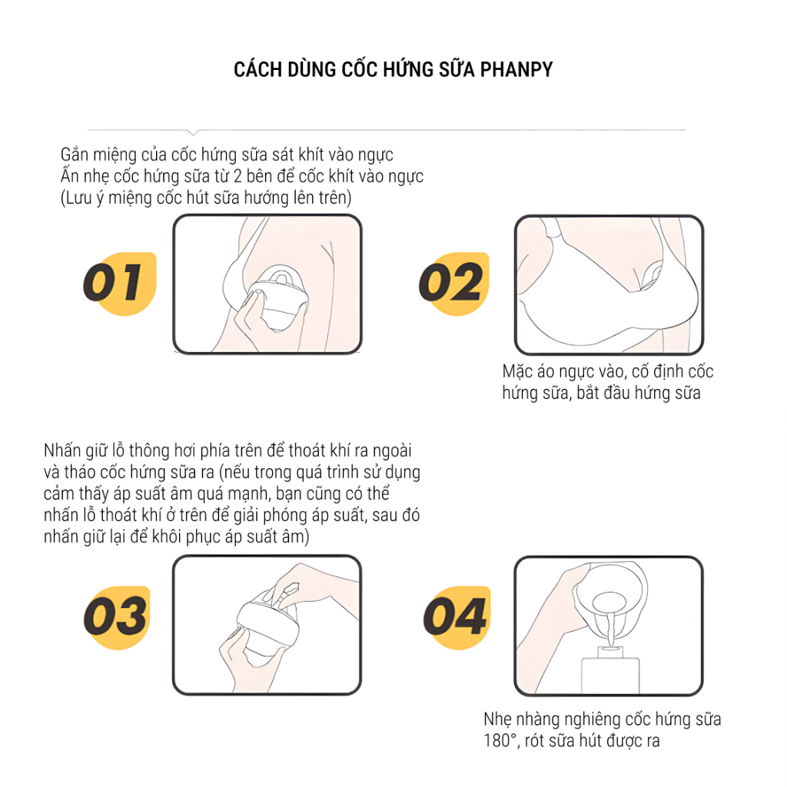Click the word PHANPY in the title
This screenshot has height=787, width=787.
pos(516,70)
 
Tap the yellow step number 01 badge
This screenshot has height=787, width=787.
pos(121,284)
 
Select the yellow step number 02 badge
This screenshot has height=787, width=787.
pos(453,284)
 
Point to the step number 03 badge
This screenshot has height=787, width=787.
pos(117,617)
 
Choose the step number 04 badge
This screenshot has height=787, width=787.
pos(457,617)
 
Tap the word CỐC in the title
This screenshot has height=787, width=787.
pos(361,68)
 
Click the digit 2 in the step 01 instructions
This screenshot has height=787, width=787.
pos(237,176)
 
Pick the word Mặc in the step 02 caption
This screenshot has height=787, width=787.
pos(517,372)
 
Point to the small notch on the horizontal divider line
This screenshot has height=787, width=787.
pos(193,132)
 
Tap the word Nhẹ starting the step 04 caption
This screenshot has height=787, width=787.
pos(497,719)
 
